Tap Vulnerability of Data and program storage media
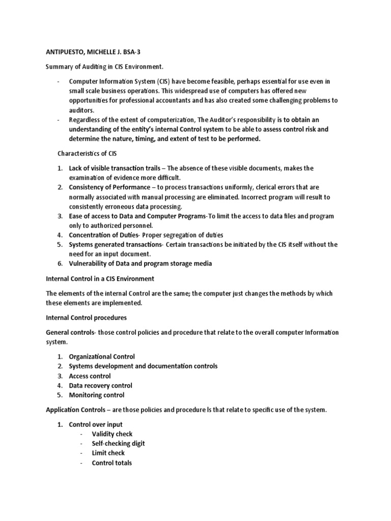click(x=140, y=264)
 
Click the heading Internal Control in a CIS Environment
click(x=100, y=279)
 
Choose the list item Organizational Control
click(x=102, y=357)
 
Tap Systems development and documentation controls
click(x=143, y=366)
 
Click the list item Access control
click(x=90, y=376)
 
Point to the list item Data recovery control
click(x=100, y=386)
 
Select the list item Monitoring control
click(x=97, y=395)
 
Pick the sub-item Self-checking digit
click(x=118, y=444)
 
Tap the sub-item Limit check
click(x=108, y=453)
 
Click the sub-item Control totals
click(x=111, y=463)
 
